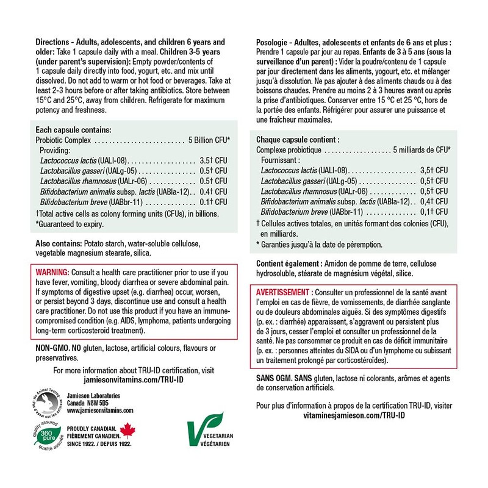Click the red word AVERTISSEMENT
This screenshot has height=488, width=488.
point(284,292)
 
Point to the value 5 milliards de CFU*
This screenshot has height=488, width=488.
point(421,149)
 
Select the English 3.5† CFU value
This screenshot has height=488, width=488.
point(213,160)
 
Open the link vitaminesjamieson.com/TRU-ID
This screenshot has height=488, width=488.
point(356,415)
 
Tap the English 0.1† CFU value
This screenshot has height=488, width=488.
point(213,202)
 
